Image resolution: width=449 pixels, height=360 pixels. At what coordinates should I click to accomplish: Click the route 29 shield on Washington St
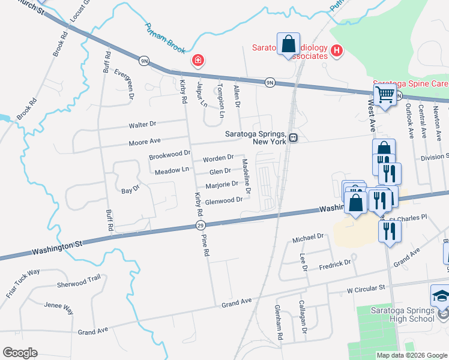click(200, 225)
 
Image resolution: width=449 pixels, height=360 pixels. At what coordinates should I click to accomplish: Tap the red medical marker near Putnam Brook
click(197, 60)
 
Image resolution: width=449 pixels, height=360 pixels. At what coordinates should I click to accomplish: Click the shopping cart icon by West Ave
click(384, 94)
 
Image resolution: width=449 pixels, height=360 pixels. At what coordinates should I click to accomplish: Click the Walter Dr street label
click(142, 124)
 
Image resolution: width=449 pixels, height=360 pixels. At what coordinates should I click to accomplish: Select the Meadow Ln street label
click(172, 171)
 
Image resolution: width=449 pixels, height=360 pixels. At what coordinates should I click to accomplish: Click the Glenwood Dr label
click(224, 200)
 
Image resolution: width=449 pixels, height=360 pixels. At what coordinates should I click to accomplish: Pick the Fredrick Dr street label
click(334, 263)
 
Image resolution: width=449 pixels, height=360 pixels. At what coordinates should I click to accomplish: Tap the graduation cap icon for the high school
click(440, 295)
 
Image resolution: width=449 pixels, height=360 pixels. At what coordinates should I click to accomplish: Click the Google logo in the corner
click(20, 353)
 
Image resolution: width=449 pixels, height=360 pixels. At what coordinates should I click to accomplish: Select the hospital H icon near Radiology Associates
click(336, 51)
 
